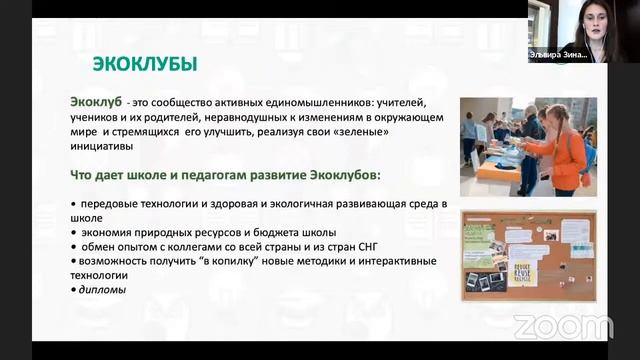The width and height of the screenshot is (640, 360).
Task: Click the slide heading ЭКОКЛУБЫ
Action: click(145, 64)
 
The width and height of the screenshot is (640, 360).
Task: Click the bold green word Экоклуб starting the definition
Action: click(96, 102)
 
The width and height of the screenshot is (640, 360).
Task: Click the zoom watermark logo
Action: click(563, 326)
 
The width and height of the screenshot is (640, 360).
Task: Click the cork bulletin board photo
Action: click(528, 255)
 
